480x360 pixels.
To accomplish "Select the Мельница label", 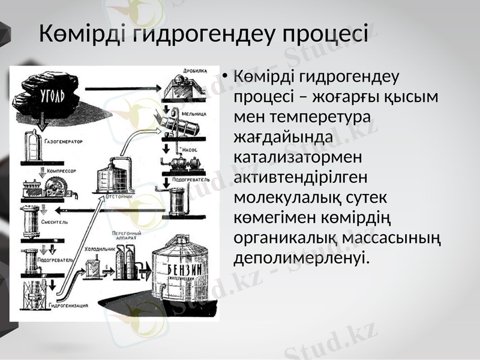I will pos(194,112).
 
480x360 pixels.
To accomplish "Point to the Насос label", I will pos(190,148).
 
